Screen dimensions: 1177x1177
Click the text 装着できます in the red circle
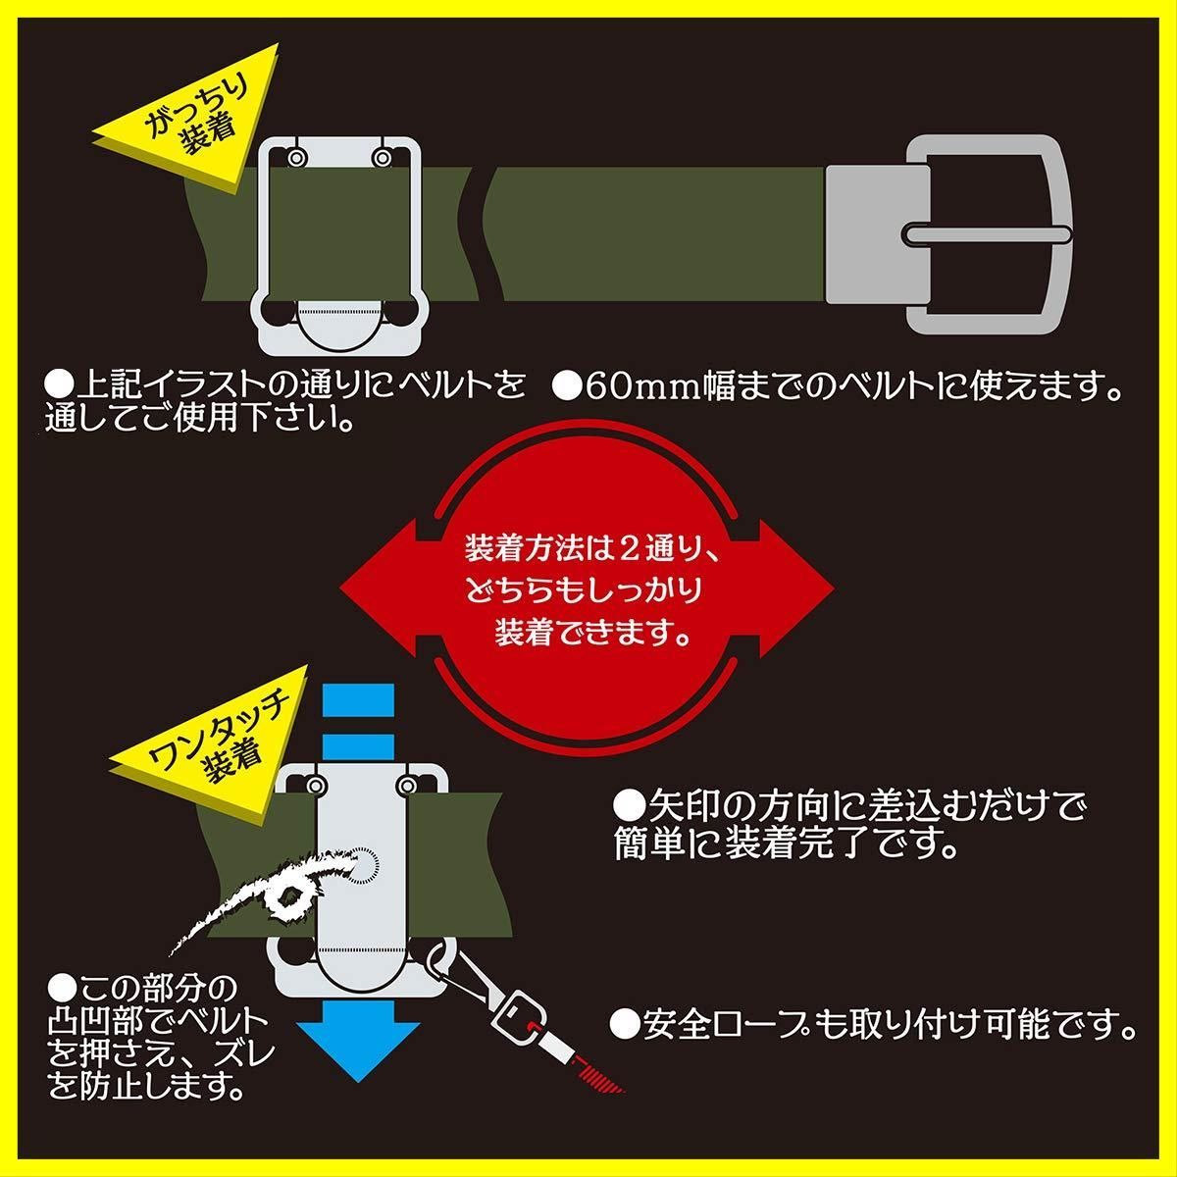click(590, 631)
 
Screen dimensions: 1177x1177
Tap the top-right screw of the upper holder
click(382, 157)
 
